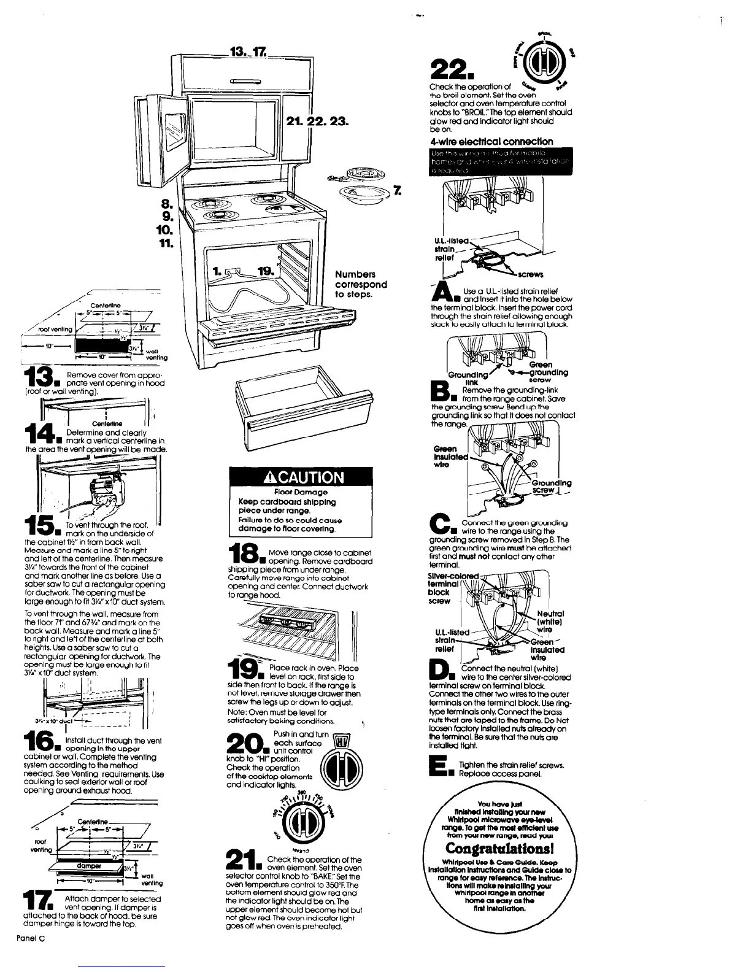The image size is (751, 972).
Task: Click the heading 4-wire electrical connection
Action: click(491, 141)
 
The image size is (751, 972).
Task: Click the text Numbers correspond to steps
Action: click(361, 284)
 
